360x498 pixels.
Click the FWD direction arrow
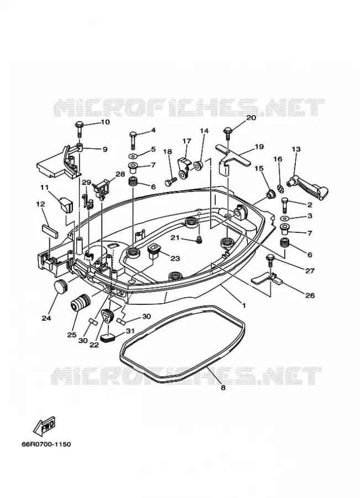coord(44,425)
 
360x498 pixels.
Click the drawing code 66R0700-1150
coord(46,444)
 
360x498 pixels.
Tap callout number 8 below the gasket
coord(223,387)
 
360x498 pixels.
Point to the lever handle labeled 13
coord(307,188)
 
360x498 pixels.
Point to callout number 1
coord(244,305)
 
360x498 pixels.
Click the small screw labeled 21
coord(199,240)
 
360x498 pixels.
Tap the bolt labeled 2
coord(284,205)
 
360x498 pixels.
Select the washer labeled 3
coord(284,219)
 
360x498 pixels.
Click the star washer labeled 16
coord(279,188)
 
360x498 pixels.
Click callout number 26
coord(310,295)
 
